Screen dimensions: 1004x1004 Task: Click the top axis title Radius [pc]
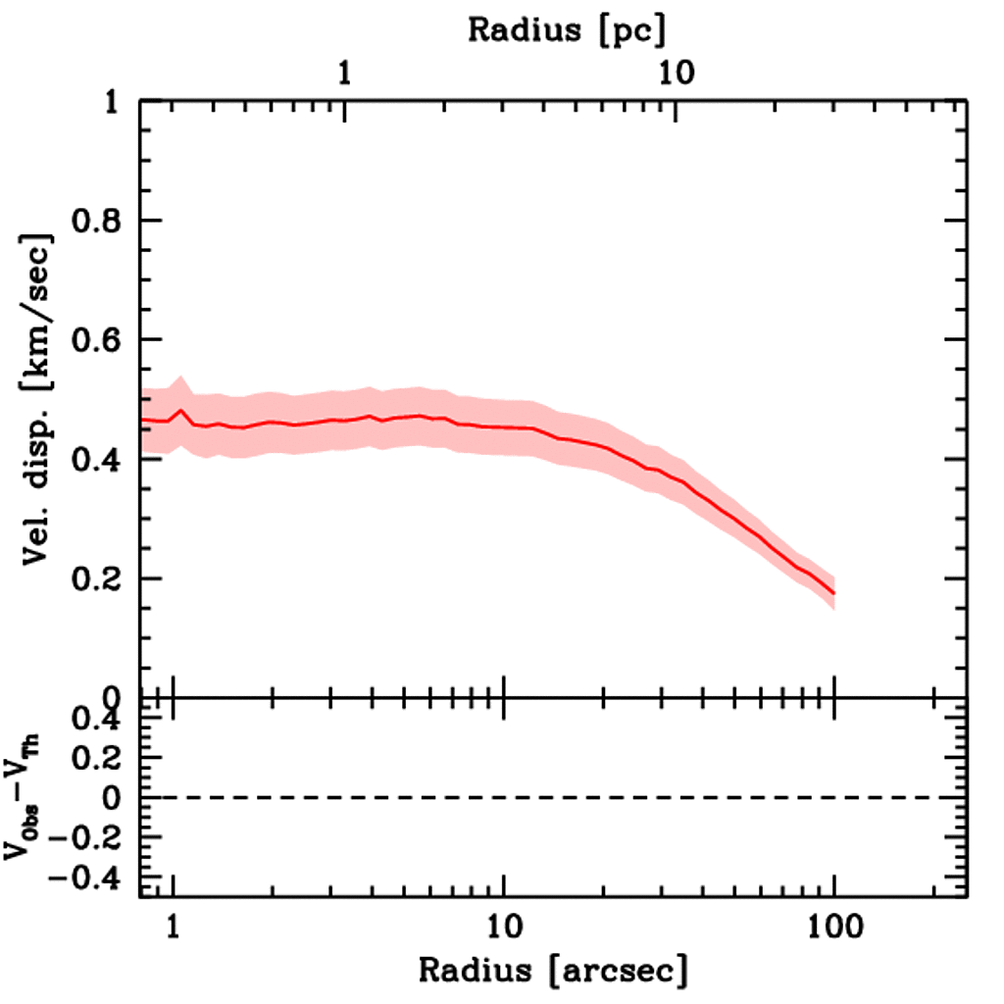pos(567,29)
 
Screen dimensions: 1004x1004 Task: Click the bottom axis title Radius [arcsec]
pos(553,971)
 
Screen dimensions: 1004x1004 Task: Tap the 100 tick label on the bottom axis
pos(833,927)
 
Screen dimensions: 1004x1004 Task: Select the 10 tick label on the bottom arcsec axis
pos(503,927)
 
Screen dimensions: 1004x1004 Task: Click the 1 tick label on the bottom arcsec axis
pos(174,927)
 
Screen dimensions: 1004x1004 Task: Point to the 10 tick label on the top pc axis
pos(676,74)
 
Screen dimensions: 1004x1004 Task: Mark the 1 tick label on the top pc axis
pos(345,74)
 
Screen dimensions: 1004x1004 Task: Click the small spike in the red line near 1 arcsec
pos(181,412)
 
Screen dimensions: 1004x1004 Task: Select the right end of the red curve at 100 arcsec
pos(833,593)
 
